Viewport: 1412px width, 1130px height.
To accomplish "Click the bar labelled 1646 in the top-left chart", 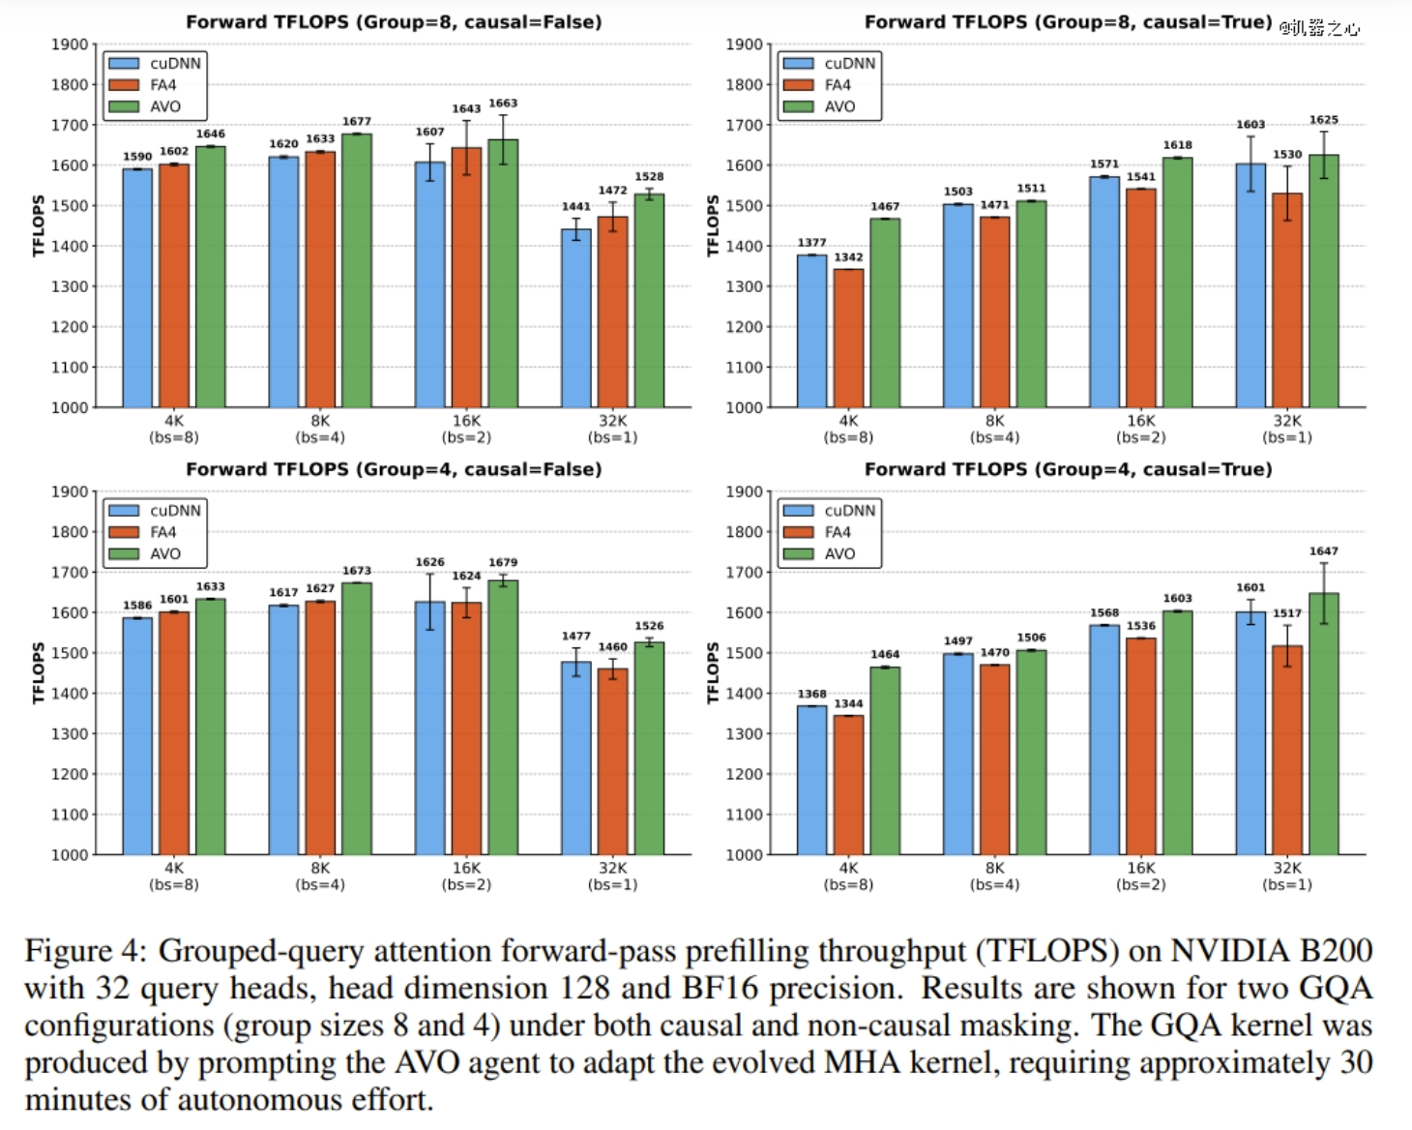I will [211, 276].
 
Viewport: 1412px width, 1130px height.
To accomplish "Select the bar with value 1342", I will [848, 338].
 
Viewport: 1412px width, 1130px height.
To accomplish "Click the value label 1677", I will [357, 122].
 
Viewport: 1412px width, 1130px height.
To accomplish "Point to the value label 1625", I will [1324, 120].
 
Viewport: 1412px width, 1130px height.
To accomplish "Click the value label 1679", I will [503, 562].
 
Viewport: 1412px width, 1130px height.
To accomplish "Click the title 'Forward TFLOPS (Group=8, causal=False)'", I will [394, 21].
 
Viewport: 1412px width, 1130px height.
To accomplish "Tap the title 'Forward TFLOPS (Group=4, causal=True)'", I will [1068, 469].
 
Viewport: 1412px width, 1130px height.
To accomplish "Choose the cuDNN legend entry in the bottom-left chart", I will [175, 511].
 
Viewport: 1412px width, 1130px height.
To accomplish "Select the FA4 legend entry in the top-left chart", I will [162, 85].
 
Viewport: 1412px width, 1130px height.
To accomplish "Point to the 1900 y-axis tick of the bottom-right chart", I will [745, 491].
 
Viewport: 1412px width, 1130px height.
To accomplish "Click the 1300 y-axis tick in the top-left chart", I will [70, 286].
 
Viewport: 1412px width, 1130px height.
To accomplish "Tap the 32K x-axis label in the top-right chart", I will [1287, 421].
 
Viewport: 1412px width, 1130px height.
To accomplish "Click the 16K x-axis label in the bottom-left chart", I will [466, 869].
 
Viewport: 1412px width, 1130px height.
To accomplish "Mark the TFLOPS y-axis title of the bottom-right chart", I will [714, 672].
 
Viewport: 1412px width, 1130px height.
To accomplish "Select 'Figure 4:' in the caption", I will [85, 951].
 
